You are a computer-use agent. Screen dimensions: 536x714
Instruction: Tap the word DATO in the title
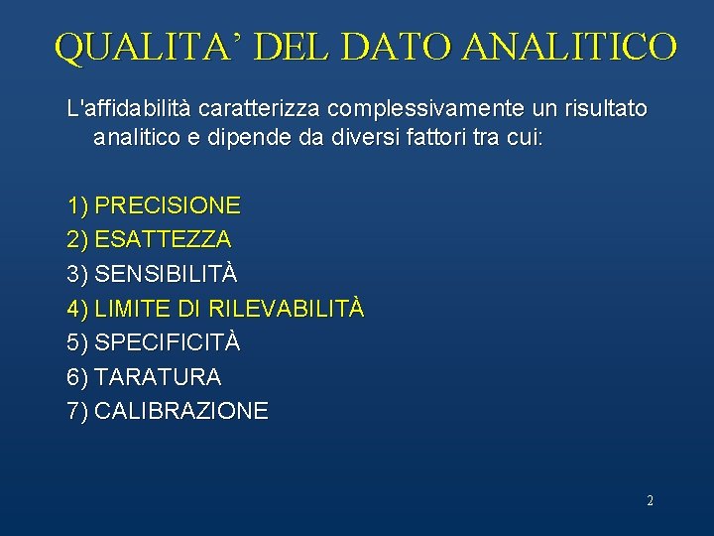[x=397, y=47]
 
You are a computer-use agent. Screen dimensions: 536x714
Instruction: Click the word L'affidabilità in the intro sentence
[x=120, y=107]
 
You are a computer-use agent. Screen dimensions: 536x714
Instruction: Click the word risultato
[x=606, y=107]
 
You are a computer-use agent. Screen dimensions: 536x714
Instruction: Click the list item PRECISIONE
[x=168, y=206]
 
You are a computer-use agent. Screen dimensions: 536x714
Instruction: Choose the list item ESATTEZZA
[x=164, y=240]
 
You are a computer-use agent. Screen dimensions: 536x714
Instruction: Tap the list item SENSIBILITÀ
[x=166, y=274]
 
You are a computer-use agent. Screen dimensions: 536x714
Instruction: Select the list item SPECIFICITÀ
[x=168, y=342]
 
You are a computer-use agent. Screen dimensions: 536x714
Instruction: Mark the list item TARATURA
[x=158, y=377]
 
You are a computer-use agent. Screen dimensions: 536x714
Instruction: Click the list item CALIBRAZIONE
[x=181, y=411]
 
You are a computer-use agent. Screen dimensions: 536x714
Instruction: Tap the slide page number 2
[x=650, y=501]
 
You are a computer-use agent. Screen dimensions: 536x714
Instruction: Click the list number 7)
[x=77, y=411]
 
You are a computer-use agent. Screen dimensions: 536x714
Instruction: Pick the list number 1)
[x=77, y=206]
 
